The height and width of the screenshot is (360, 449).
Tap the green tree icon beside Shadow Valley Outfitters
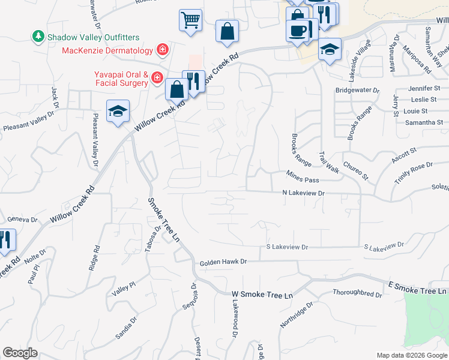point(39,37)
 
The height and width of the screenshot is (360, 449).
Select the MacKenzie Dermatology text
point(109,49)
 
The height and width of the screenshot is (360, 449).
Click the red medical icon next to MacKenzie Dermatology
point(162,49)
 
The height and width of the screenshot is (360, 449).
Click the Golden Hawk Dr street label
point(223,262)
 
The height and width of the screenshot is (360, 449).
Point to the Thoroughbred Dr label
point(358,295)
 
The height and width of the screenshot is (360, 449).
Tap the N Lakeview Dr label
point(303,193)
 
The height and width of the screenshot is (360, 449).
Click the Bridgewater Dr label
point(358,91)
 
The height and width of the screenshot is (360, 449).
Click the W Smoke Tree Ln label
point(262,295)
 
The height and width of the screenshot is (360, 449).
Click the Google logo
point(20,353)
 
